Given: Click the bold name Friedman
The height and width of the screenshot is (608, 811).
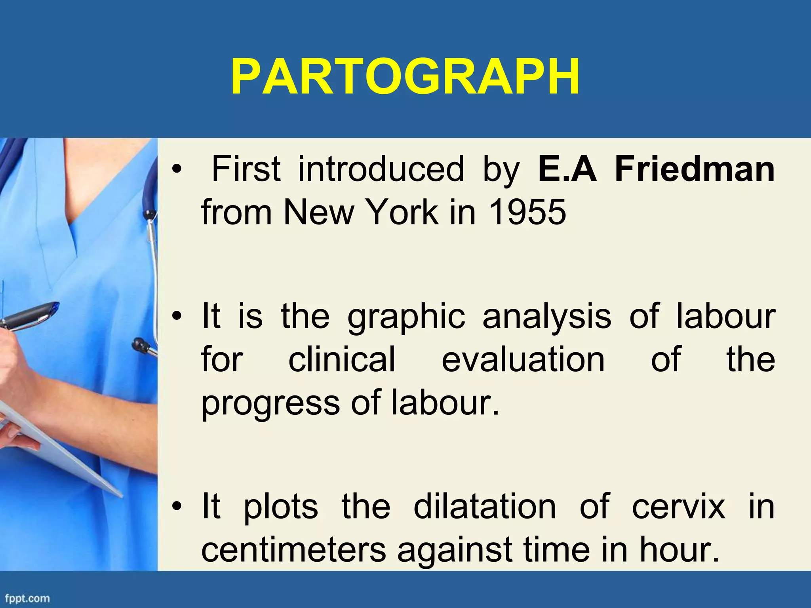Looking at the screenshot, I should coord(695,169).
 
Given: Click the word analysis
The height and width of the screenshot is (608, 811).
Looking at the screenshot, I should coord(546,317).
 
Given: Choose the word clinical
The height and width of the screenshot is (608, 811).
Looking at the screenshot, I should coord(341,359).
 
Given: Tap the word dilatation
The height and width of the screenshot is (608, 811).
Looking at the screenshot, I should coord(485,506).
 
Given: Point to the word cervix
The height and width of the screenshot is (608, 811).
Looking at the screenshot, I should coord(678,506).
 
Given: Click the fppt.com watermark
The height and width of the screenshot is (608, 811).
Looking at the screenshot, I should coord(27,598).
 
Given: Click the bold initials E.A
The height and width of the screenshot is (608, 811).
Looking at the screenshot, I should coord(567,169).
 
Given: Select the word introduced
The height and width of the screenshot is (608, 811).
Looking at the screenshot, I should coord(381,169).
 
